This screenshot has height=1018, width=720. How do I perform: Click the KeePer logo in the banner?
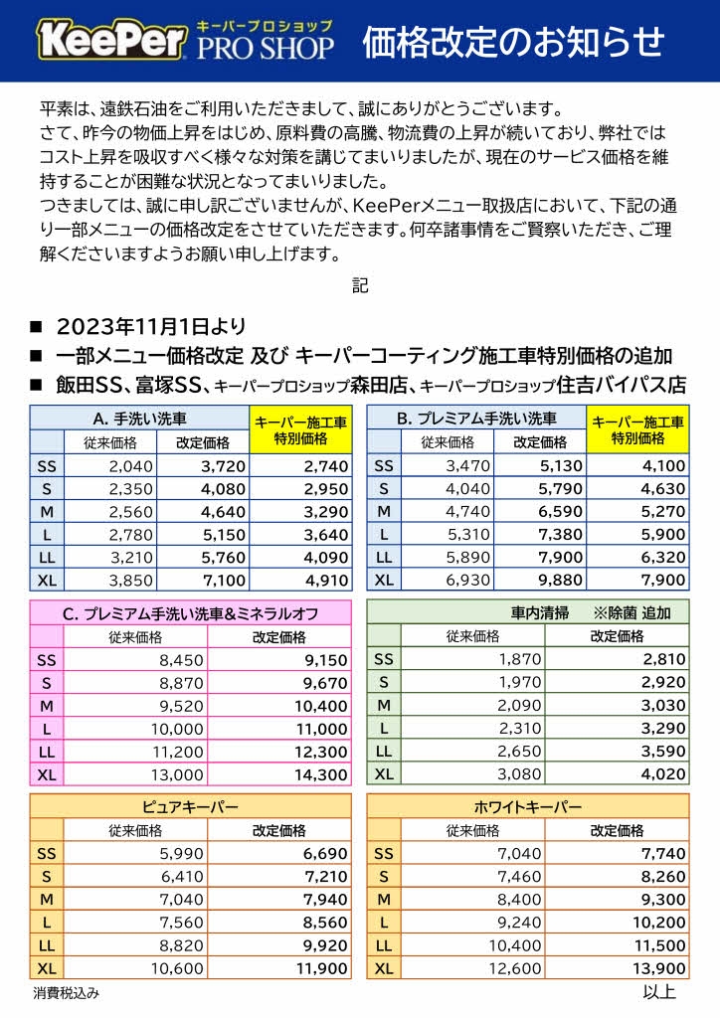(112, 41)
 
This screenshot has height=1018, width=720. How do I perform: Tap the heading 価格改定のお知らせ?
(512, 42)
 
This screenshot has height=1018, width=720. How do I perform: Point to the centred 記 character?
(360, 285)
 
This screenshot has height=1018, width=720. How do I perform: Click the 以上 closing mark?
(659, 991)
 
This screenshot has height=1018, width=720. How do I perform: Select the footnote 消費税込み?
(66, 992)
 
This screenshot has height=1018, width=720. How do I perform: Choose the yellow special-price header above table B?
(637, 430)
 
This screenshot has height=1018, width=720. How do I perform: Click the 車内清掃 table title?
(528, 612)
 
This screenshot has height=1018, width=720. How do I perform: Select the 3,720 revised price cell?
(209, 465)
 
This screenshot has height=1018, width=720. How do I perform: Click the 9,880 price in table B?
(546, 580)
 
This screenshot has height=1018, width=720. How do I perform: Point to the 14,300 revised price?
(321, 774)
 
